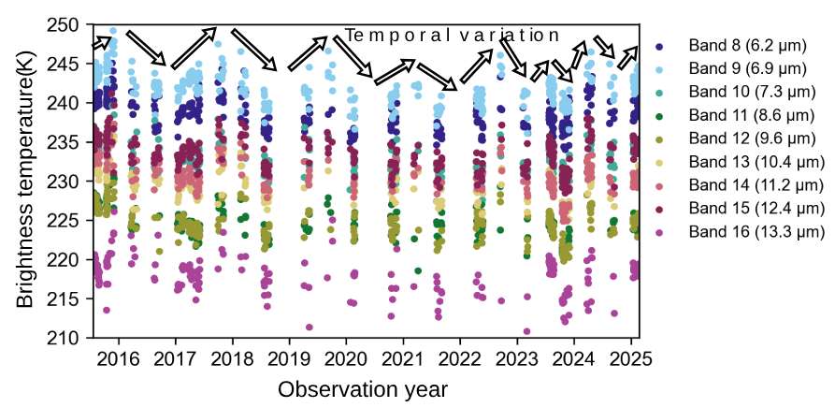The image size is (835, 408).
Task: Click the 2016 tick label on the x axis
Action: coord(119,359)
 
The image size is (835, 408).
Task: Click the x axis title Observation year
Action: coord(363,388)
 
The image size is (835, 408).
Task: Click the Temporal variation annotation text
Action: coord(452,36)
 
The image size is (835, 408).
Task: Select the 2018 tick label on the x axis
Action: coord(232,359)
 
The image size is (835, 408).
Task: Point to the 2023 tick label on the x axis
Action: coord(516,359)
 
